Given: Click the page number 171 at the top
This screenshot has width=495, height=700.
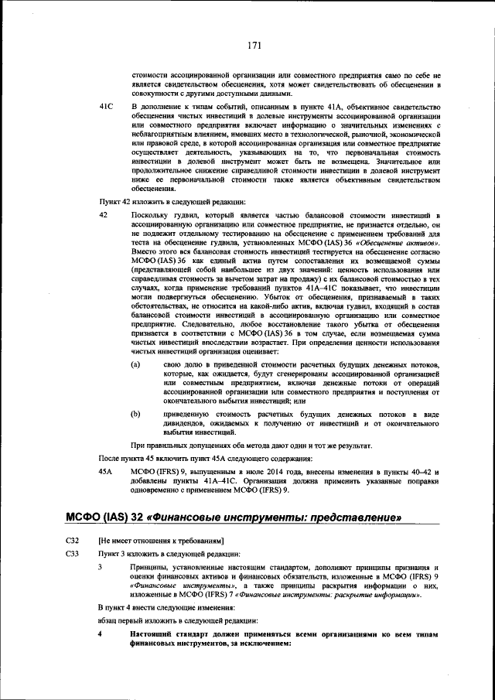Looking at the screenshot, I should click(x=253, y=46).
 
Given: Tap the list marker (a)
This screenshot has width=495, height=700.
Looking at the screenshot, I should click(x=136, y=363).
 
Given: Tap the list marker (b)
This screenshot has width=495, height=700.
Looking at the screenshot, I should click(x=136, y=415).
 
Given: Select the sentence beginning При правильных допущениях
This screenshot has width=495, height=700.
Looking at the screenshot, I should click(x=241, y=445).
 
